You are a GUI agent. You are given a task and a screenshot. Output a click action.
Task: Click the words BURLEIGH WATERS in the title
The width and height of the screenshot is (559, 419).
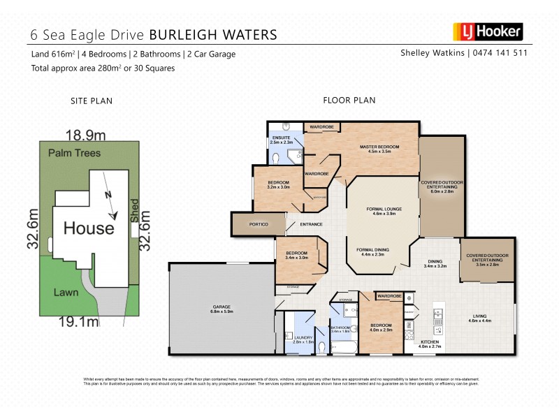(213, 34)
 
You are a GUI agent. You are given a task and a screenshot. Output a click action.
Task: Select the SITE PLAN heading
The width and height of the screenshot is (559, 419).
(92, 101)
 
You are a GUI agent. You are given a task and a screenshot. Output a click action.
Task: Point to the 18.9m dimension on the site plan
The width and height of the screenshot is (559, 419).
(85, 134)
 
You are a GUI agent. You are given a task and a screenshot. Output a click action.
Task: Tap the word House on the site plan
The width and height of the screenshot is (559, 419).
(89, 228)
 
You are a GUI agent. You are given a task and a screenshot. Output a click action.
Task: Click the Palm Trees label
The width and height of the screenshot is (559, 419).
(74, 152)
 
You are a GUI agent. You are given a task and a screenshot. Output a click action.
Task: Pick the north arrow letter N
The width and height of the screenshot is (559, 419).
(106, 196)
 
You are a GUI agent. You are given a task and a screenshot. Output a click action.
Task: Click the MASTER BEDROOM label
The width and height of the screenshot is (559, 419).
(379, 148)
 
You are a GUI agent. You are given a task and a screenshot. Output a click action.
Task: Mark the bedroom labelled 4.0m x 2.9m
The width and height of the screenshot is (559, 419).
(381, 327)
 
